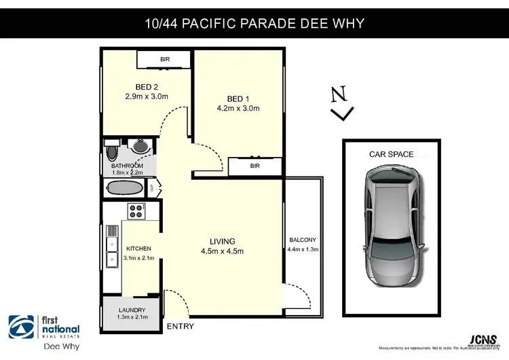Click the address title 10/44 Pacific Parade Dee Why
click(254, 23)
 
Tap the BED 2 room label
click(146, 86)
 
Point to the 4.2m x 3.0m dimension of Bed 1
click(238, 108)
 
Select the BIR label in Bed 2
click(165, 60)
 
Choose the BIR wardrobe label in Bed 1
click(255, 166)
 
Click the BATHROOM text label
click(128, 166)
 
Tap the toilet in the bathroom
click(113, 148)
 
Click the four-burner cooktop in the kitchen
click(136, 210)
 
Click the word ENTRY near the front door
click(179, 327)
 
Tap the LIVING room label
click(222, 241)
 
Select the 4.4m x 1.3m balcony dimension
click(303, 249)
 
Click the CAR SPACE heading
click(391, 154)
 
